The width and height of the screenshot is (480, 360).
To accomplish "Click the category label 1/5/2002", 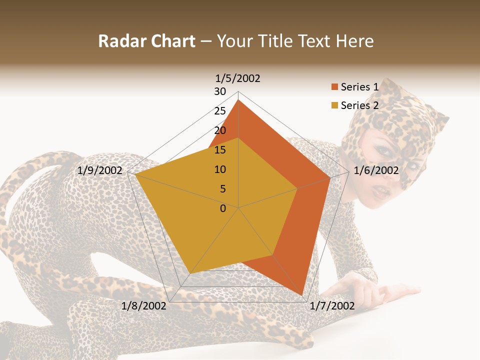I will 237,78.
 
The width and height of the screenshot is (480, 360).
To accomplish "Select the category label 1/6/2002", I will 376,170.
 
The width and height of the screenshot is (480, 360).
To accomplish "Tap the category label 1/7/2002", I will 332,305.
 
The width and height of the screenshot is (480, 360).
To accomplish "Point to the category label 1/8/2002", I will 143,305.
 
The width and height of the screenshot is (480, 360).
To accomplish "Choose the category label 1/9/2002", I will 100,170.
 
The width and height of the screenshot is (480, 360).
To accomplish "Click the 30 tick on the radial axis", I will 220,91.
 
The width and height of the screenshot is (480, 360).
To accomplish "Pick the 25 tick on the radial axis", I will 220,111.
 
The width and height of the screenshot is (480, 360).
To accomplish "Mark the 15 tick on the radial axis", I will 220,150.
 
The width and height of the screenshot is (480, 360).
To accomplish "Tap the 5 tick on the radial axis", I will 222,189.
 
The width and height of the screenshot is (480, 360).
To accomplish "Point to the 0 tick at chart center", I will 223,208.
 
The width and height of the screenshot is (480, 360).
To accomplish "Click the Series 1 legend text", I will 359,87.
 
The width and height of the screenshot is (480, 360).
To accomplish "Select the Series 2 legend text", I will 359,105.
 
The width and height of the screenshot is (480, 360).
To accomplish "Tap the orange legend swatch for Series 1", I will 334,87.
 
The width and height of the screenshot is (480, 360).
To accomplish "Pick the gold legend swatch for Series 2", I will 334,105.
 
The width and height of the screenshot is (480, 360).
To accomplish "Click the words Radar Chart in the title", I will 146,41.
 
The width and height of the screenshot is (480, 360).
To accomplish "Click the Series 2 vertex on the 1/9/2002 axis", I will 135,174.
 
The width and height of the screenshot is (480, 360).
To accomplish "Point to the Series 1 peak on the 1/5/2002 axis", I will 238,100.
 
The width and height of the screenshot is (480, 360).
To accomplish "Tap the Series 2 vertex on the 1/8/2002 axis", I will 190,273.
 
